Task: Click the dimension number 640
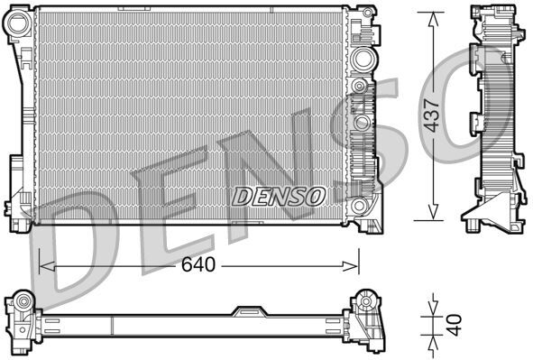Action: click(x=198, y=266)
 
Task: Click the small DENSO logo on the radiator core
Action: click(x=279, y=194)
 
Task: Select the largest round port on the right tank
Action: click(x=363, y=60)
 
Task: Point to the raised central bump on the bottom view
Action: click(x=246, y=311)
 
